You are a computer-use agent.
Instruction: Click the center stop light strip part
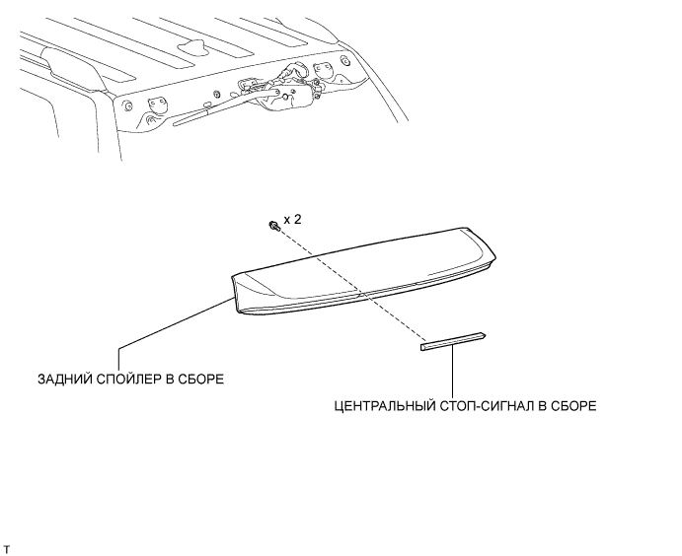coord(451,341)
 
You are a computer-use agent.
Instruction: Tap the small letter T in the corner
coord(7,545)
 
